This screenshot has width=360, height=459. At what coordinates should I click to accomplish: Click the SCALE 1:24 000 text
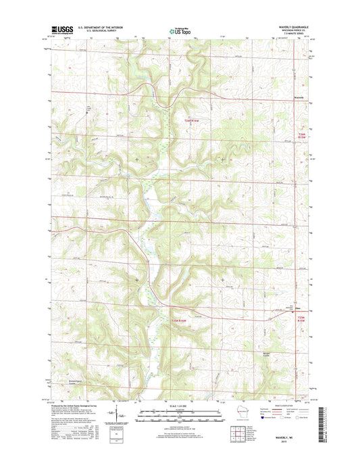(x=180, y=406)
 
